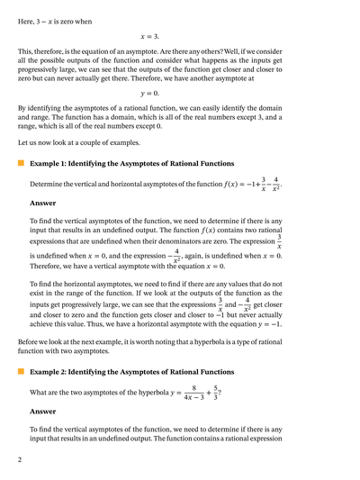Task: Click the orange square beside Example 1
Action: point(21,164)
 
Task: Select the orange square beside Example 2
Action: point(21,371)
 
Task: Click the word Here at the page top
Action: point(26,8)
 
